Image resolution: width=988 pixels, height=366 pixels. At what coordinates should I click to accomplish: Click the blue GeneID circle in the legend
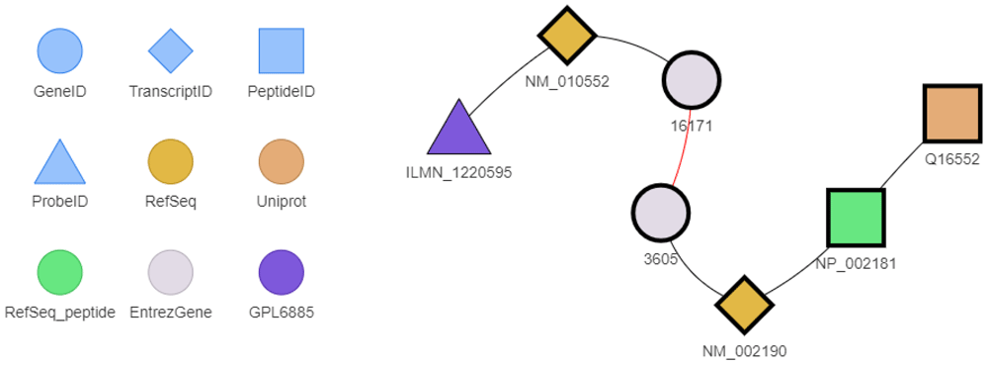(x=59, y=50)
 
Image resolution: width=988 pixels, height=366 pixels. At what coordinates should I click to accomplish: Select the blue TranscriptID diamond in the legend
(x=170, y=50)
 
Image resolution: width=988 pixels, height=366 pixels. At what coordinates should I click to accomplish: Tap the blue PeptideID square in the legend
(x=281, y=50)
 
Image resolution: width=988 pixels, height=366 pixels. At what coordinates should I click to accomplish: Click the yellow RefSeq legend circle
(x=170, y=161)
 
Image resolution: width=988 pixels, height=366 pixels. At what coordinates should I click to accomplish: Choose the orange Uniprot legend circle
(x=281, y=161)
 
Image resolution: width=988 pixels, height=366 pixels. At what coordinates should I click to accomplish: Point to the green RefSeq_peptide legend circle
(x=59, y=272)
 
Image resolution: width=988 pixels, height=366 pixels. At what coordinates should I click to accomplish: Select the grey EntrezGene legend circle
(x=170, y=272)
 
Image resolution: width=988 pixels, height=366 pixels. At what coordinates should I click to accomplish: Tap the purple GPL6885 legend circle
(x=281, y=272)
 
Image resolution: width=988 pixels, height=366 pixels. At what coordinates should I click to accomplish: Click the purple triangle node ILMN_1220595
(x=459, y=132)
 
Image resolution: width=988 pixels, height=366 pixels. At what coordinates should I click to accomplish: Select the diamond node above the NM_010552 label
(x=567, y=37)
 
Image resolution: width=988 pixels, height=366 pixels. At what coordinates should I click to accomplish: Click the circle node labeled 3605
(x=660, y=212)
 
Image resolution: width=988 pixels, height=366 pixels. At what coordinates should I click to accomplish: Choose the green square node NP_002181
(x=855, y=218)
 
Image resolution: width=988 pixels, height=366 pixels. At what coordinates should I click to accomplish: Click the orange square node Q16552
(x=950, y=113)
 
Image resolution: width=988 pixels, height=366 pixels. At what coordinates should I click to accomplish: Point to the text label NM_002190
(x=743, y=349)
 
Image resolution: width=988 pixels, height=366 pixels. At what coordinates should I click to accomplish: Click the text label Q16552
(x=950, y=158)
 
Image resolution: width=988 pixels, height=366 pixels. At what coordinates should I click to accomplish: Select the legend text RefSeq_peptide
(x=59, y=313)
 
